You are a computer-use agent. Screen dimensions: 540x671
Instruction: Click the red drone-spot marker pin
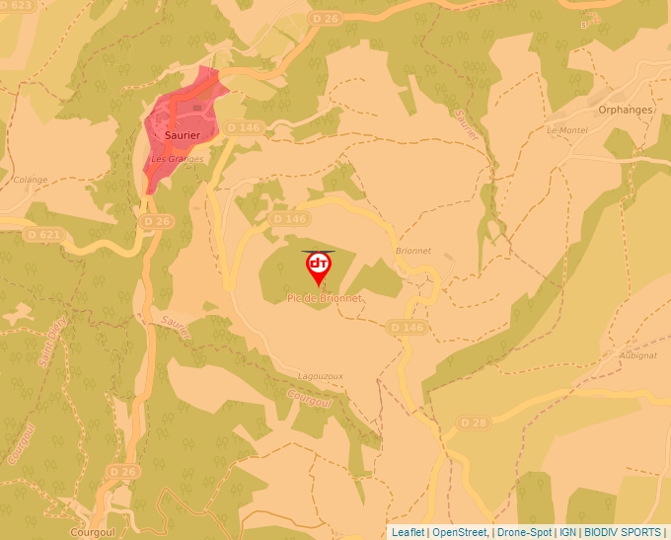point(319,268)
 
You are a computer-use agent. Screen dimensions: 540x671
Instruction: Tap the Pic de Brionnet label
point(325,298)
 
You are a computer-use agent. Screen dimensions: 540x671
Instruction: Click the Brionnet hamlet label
point(412,251)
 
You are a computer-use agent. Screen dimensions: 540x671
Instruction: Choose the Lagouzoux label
point(320,376)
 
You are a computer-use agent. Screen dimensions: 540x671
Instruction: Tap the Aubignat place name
point(636,354)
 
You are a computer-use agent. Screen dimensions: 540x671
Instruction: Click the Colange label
point(31,180)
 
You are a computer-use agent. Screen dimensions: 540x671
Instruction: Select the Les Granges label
point(178,159)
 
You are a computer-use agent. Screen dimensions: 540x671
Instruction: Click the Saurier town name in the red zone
point(183,135)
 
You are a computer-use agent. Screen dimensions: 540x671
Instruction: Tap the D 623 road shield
point(17,5)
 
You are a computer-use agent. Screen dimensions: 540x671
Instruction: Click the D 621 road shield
point(44,235)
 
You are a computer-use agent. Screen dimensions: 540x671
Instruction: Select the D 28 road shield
point(475,423)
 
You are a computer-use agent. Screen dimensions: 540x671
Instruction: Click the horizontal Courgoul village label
point(95,531)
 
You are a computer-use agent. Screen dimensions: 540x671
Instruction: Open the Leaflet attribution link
point(408,532)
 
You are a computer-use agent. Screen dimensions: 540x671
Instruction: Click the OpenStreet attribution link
point(459,532)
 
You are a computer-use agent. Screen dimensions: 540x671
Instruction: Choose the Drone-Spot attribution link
point(524,532)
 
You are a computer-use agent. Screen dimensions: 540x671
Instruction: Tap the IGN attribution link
point(567,532)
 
